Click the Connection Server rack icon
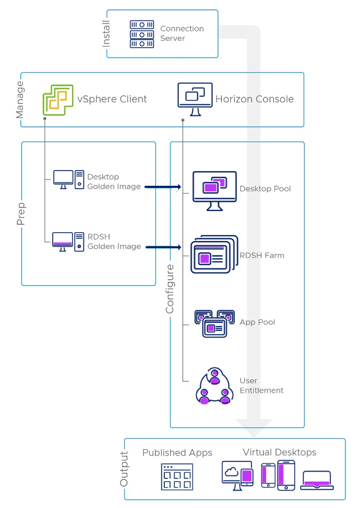tap(142, 34)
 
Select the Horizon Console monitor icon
tap(195, 99)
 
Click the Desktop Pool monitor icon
tap(214, 190)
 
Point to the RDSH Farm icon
tap(214, 255)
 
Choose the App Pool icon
tap(214, 323)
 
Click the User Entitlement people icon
tap(214, 387)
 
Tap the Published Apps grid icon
tap(177, 477)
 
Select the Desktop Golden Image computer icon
tap(68, 180)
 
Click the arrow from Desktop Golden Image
tap(163, 186)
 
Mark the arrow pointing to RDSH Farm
tap(163, 247)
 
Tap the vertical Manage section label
tap(20, 100)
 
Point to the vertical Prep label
tap(21, 213)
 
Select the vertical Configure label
tap(170, 289)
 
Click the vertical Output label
tap(124, 469)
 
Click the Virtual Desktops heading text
tap(280, 452)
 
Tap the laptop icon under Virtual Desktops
tap(317, 480)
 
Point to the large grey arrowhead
tap(254, 427)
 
